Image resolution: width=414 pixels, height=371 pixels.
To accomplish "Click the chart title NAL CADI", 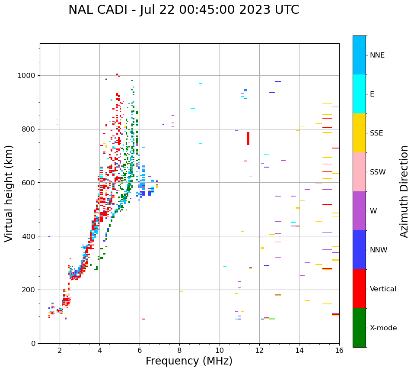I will (183, 10).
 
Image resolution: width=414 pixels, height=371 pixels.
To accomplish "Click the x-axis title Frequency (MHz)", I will (189, 361).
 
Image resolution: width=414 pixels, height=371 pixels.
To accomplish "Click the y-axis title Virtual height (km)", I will (9, 194).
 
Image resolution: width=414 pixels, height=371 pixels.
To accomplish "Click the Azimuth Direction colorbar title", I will (404, 191).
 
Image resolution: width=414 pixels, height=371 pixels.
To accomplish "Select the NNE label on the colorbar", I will (377, 55).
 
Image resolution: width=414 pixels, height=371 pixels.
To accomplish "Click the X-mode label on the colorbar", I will (383, 328).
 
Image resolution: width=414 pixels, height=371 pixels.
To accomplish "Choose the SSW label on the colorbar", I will (378, 172).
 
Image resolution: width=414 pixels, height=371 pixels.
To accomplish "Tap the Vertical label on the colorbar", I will (383, 289).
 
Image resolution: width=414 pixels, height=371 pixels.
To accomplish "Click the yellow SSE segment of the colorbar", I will (359, 133).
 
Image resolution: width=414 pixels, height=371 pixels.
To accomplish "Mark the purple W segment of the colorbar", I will (359, 211).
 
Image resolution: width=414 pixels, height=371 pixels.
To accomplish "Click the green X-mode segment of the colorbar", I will (359, 328).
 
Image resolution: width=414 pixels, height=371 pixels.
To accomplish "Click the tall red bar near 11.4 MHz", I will (248, 139).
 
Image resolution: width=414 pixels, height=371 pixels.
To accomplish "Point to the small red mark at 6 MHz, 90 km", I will (143, 319).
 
